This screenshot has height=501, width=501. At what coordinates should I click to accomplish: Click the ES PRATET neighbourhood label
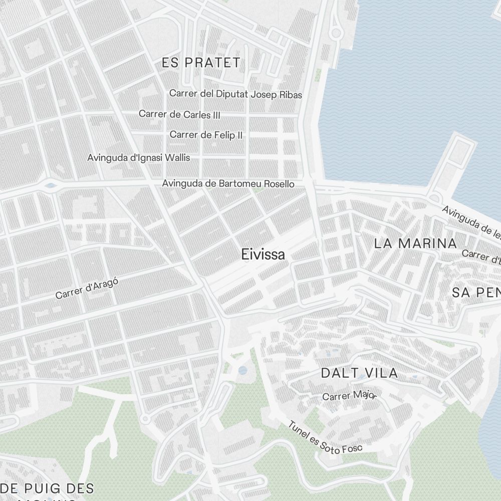click(x=201, y=63)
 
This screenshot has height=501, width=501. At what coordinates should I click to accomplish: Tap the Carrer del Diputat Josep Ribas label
click(x=235, y=94)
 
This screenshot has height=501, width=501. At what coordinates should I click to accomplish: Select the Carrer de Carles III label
click(x=179, y=114)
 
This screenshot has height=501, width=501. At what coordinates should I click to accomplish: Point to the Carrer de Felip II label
click(x=206, y=135)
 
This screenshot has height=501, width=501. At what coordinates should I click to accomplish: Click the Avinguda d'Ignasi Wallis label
click(x=139, y=158)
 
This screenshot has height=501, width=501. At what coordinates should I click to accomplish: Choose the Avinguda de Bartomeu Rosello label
click(x=228, y=184)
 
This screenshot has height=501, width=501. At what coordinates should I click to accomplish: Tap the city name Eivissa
click(x=263, y=255)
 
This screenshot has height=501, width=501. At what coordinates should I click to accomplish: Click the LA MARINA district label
click(x=416, y=243)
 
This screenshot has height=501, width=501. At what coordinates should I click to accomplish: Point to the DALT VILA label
click(x=359, y=373)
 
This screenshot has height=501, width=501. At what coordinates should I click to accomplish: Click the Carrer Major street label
click(x=349, y=395)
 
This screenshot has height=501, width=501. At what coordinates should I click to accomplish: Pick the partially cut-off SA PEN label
click(x=476, y=293)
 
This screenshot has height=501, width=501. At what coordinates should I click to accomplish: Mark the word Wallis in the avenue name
click(x=178, y=158)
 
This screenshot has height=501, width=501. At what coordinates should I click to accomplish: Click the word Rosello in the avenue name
click(x=278, y=184)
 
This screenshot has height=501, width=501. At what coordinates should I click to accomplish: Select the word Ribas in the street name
click(x=291, y=94)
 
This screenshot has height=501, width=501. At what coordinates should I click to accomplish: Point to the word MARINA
click(x=427, y=243)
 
